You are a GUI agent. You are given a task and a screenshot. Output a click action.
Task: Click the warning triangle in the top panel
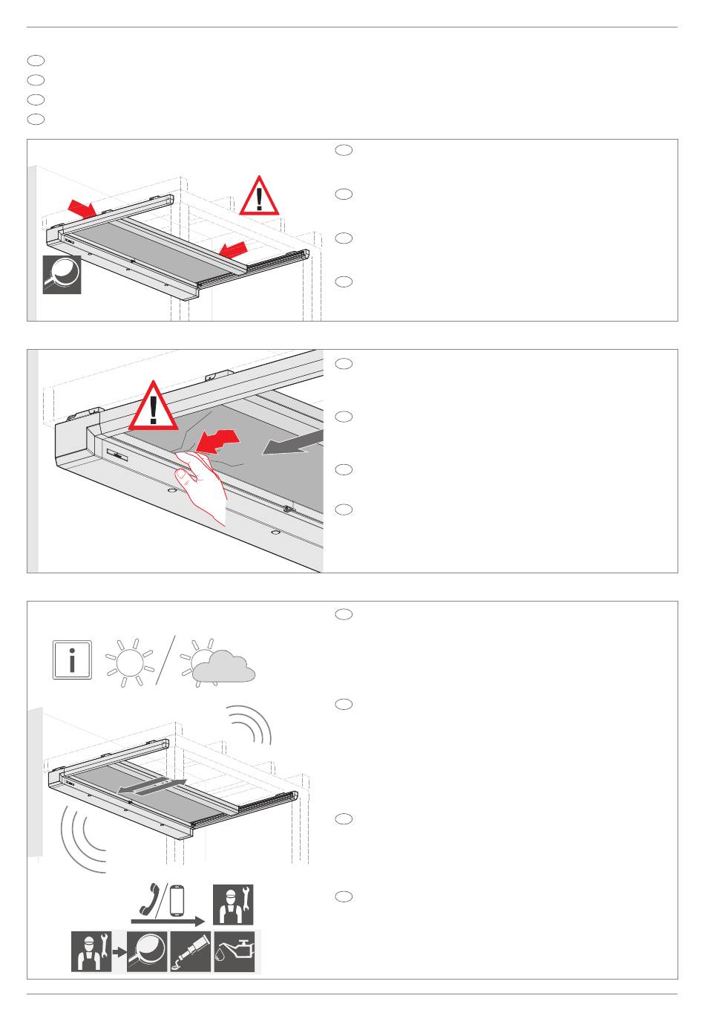259,197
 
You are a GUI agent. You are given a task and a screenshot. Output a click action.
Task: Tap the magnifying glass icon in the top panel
62,274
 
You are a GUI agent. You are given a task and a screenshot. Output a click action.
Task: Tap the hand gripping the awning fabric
204,486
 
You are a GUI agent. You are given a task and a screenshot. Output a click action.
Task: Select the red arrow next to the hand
220,442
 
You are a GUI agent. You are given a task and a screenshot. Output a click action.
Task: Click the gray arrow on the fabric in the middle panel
292,444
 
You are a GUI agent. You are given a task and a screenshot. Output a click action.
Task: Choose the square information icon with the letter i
72,659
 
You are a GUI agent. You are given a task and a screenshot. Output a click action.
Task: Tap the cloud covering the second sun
223,666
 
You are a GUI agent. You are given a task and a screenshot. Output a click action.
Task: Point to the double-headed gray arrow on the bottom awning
151,788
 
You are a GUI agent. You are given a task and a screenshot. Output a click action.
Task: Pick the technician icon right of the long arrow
233,904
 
